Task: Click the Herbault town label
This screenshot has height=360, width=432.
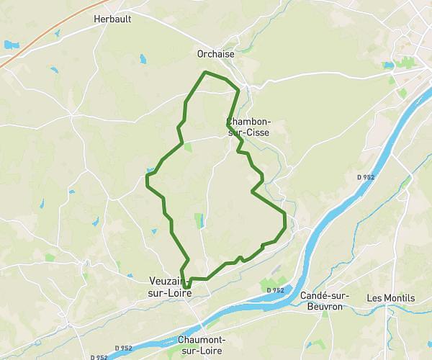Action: (x=112, y=19)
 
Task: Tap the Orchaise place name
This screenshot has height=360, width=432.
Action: (x=215, y=53)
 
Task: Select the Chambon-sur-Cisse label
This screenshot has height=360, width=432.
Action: (x=249, y=127)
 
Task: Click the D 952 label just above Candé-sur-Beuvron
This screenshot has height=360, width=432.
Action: (x=274, y=289)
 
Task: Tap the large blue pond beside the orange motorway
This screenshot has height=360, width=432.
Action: (x=10, y=45)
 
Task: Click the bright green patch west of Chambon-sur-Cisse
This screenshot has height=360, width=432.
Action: (x=188, y=146)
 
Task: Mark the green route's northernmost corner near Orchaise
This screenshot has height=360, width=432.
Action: (x=207, y=73)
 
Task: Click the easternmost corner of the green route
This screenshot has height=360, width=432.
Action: (x=286, y=215)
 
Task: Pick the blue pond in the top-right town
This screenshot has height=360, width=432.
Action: (x=390, y=66)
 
